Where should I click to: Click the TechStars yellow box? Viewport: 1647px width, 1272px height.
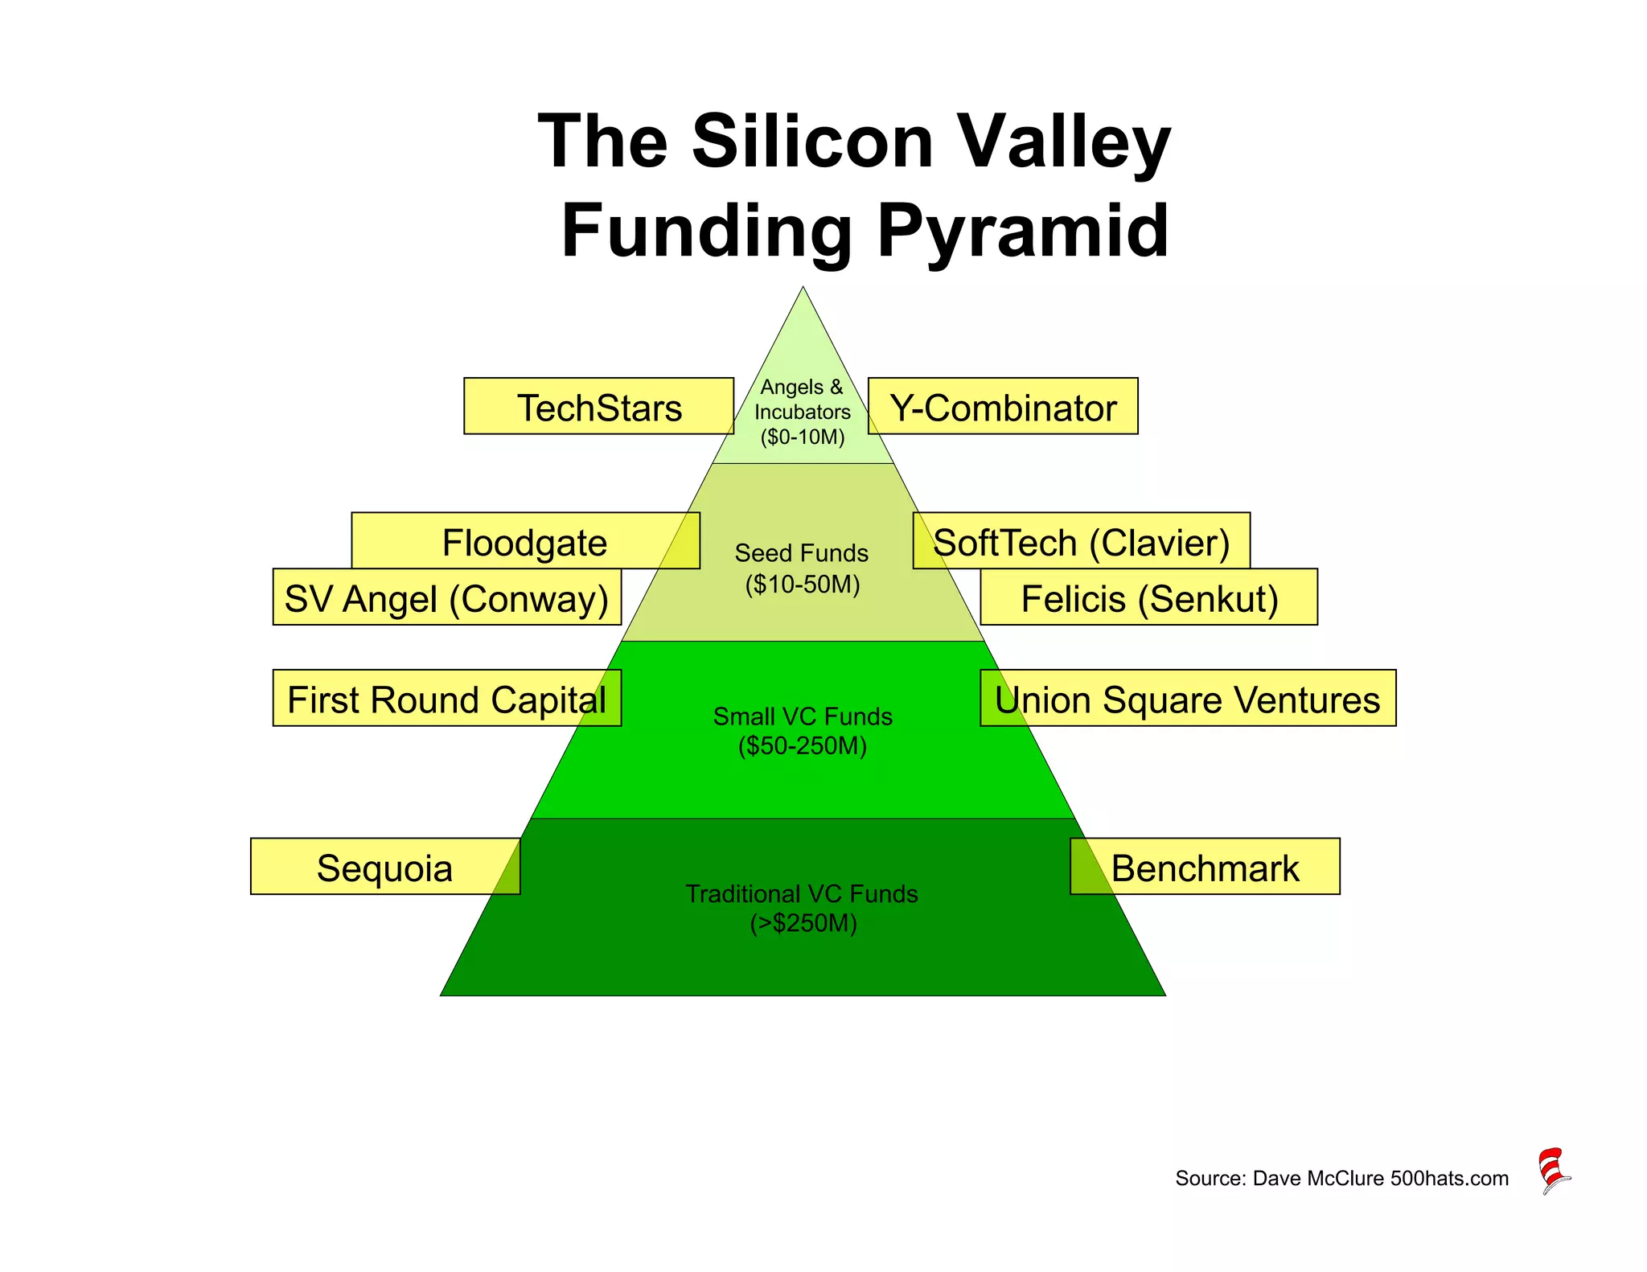598,407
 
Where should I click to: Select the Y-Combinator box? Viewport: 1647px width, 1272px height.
1003,407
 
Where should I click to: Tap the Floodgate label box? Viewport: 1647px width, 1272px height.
525,541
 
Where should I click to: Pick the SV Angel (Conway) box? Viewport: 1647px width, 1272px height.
447,598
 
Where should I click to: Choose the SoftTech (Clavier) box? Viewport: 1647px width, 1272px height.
1081,541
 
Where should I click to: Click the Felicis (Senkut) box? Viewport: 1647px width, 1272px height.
1148,598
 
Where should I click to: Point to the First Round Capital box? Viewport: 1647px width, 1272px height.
447,699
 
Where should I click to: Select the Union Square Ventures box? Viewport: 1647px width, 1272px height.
1187,699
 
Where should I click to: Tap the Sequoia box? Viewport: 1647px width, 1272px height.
385,867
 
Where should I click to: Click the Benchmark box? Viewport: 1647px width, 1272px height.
1205,867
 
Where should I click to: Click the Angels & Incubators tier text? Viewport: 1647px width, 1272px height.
803,412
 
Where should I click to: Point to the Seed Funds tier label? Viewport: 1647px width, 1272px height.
803,568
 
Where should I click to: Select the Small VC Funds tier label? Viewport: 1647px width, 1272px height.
803,731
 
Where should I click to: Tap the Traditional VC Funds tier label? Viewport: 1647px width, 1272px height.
803,908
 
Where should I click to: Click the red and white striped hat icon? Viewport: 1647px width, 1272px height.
1554,1171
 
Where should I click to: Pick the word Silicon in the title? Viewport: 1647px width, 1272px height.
812,142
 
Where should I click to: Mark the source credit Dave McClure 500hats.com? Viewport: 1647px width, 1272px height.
1341,1179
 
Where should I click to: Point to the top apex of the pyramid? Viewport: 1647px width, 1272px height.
803,289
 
